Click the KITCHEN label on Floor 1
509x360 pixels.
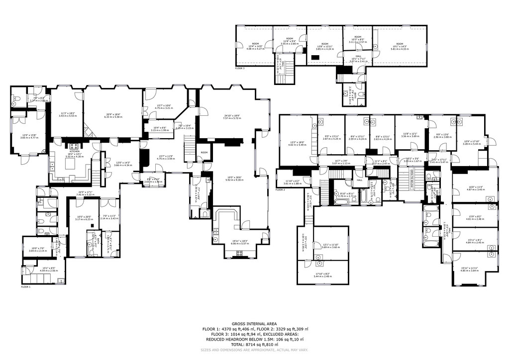pyautogui.click(x=74, y=151)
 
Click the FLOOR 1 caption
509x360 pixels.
pyautogui.click(x=25, y=287)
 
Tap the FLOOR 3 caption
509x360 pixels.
pyautogui.click(x=240, y=68)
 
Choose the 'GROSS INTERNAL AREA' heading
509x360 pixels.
pyautogui.click(x=254, y=324)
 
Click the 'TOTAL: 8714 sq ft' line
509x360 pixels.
pyautogui.click(x=254, y=344)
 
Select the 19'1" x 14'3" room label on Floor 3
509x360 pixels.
pyautogui.click(x=399, y=47)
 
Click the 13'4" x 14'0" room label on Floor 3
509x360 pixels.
pyautogui.click(x=255, y=47)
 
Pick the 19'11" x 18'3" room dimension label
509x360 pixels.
pyautogui.click(x=239, y=242)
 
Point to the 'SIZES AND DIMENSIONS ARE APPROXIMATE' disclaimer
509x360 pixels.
pyautogui.click(x=254, y=350)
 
